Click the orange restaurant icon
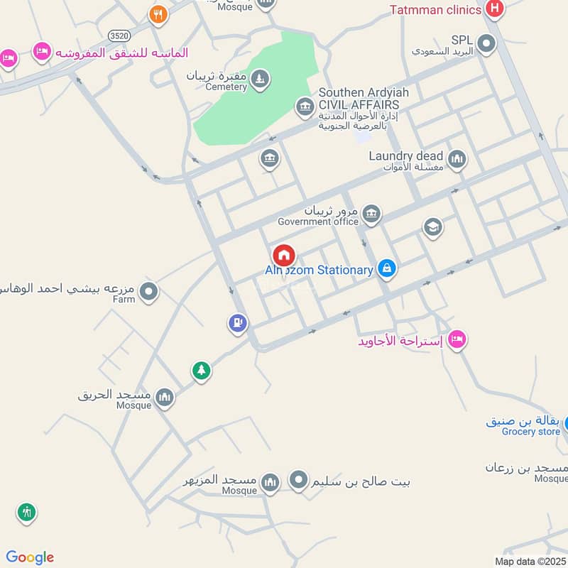tap(158, 14)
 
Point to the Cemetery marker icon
tap(261, 77)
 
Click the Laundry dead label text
tap(405, 156)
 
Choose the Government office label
tap(318, 222)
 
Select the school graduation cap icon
tap(432, 227)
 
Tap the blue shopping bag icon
tap(386, 268)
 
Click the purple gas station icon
tap(238, 324)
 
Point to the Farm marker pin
tap(148, 291)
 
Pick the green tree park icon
tap(201, 371)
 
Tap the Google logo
tap(30, 557)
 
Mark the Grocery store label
tap(531, 432)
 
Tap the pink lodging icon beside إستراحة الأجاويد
tap(457, 340)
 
